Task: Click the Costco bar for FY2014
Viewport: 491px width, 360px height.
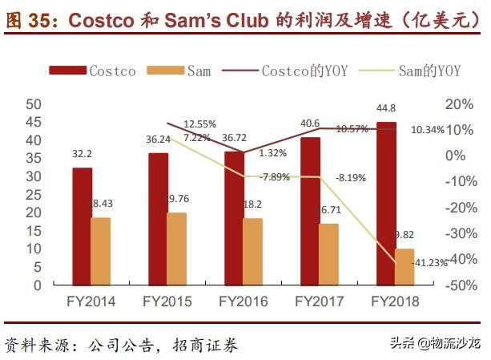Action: pyautogui.click(x=82, y=226)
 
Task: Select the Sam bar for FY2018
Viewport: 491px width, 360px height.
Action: pyautogui.click(x=405, y=267)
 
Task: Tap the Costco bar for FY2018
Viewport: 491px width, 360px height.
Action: pyautogui.click(x=386, y=204)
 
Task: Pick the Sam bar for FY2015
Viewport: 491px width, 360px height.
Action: pyautogui.click(x=176, y=249)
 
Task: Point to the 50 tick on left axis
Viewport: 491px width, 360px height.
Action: pyautogui.click(x=34, y=104)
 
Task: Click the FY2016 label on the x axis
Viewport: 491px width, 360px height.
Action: pyautogui.click(x=243, y=302)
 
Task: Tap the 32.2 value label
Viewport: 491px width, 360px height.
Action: pyautogui.click(x=83, y=152)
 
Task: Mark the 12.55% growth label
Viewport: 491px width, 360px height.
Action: pyautogui.click(x=199, y=124)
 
